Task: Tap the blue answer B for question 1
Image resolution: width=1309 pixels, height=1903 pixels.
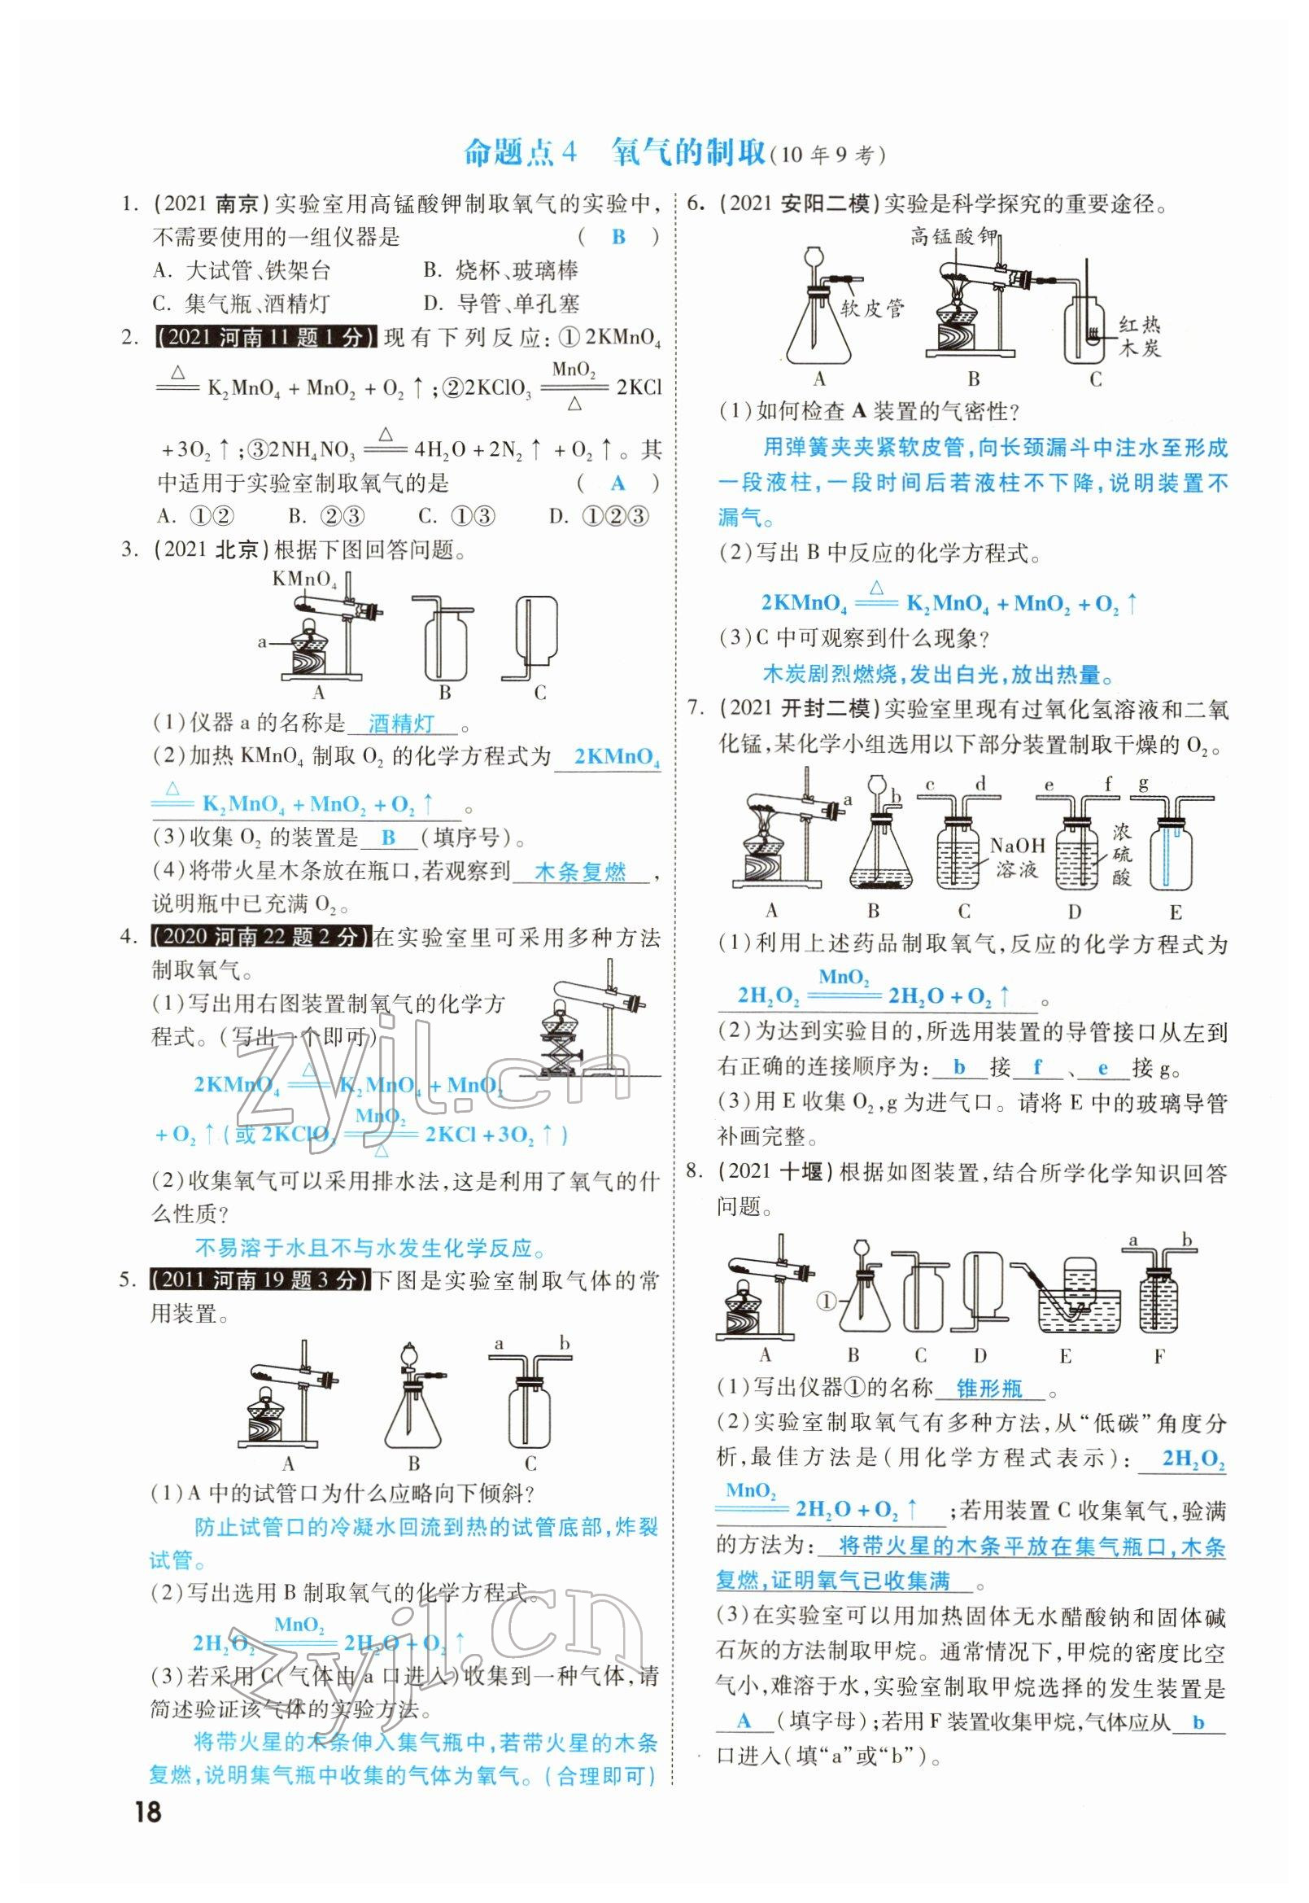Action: click(x=618, y=237)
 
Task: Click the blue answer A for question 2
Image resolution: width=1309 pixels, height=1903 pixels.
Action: click(x=617, y=483)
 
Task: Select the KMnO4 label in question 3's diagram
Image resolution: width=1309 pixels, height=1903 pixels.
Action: click(x=304, y=580)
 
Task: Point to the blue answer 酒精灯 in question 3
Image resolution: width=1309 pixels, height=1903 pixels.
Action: click(x=401, y=724)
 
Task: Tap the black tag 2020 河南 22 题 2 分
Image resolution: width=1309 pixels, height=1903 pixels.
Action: click(x=262, y=936)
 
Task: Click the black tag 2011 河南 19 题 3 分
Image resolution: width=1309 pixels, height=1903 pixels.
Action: click(x=261, y=1280)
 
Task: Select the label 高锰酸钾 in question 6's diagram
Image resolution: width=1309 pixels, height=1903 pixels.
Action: click(x=953, y=237)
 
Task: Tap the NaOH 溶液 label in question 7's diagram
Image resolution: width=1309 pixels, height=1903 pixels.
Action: click(x=1017, y=857)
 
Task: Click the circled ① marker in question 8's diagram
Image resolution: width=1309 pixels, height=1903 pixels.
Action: click(x=826, y=1301)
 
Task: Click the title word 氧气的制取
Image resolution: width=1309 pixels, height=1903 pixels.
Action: click(x=687, y=154)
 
